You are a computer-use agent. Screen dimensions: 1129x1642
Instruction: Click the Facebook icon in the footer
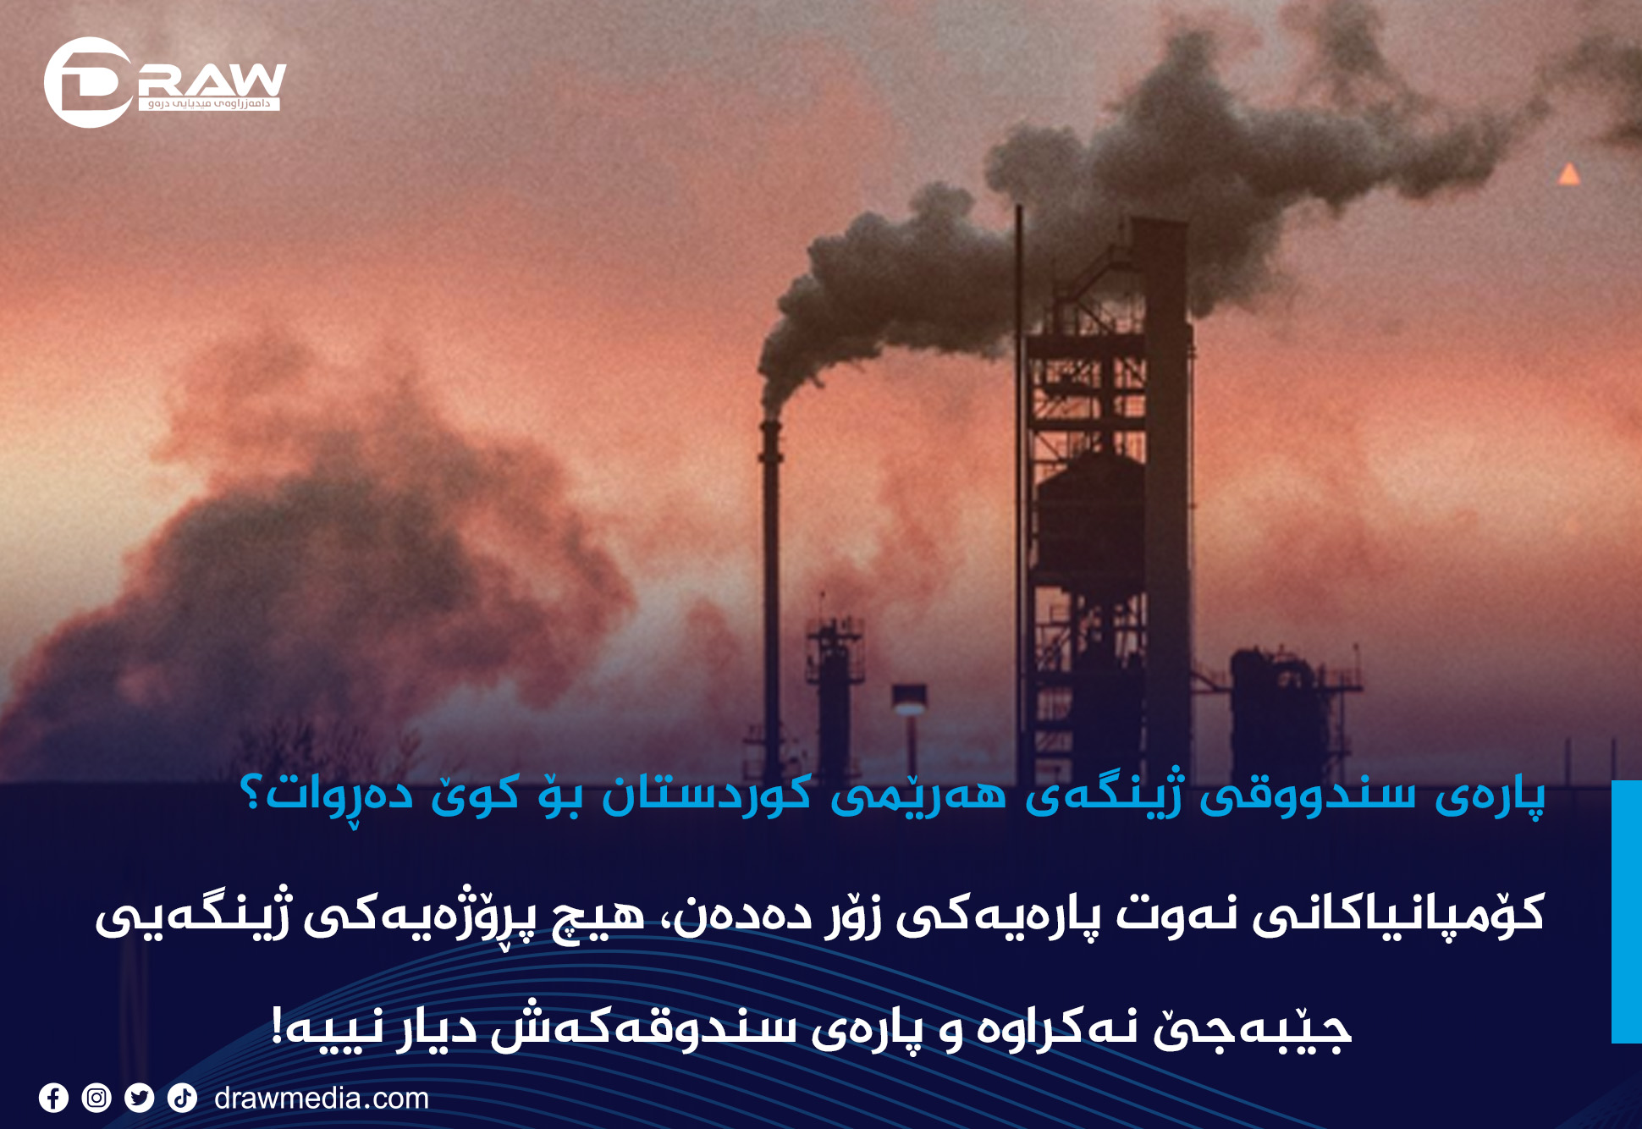click(53, 1098)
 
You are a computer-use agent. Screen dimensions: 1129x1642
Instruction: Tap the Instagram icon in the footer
click(96, 1098)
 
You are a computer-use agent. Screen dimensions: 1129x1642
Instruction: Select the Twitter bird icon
click(140, 1098)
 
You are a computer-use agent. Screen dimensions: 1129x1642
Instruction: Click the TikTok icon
click(182, 1098)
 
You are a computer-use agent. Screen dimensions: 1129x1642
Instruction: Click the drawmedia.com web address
click(322, 1099)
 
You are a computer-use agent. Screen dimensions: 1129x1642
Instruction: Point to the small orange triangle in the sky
click(1569, 174)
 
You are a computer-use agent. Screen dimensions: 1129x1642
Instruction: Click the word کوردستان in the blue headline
click(707, 796)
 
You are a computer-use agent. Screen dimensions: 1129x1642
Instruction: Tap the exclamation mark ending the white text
click(276, 1027)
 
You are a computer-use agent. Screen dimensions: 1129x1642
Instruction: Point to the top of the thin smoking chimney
click(770, 421)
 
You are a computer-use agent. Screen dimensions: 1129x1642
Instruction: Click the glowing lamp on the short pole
click(910, 704)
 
